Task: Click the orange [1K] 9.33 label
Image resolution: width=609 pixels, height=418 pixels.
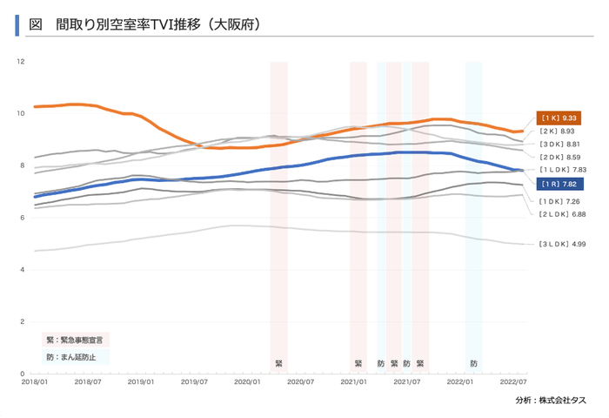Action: [x=558, y=118]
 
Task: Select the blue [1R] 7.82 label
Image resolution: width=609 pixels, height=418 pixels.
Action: [x=558, y=185]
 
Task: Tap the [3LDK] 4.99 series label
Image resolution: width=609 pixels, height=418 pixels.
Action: [x=560, y=245]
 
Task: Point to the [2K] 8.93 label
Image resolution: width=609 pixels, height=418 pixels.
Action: [x=558, y=131]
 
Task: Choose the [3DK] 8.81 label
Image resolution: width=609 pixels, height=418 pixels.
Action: [x=559, y=144]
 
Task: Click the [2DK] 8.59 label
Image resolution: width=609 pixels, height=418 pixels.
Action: [x=559, y=157]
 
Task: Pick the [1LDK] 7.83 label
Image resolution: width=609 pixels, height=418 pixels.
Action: [x=562, y=170]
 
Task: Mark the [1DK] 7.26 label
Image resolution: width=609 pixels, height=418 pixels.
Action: [x=559, y=200]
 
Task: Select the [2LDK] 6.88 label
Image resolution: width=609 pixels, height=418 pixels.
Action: [x=561, y=213]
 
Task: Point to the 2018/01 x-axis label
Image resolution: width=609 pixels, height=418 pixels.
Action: [x=34, y=381]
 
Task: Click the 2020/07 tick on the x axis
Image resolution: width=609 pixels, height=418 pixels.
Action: [x=301, y=381]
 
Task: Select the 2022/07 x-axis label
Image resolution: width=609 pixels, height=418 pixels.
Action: [x=514, y=381]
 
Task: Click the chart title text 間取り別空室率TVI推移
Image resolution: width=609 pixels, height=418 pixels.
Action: [x=157, y=25]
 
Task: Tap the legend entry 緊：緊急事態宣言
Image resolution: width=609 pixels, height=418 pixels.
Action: [x=77, y=339]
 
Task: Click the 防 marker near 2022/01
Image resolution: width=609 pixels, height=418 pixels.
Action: [x=473, y=362]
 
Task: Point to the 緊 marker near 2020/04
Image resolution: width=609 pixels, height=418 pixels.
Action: [x=278, y=362]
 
